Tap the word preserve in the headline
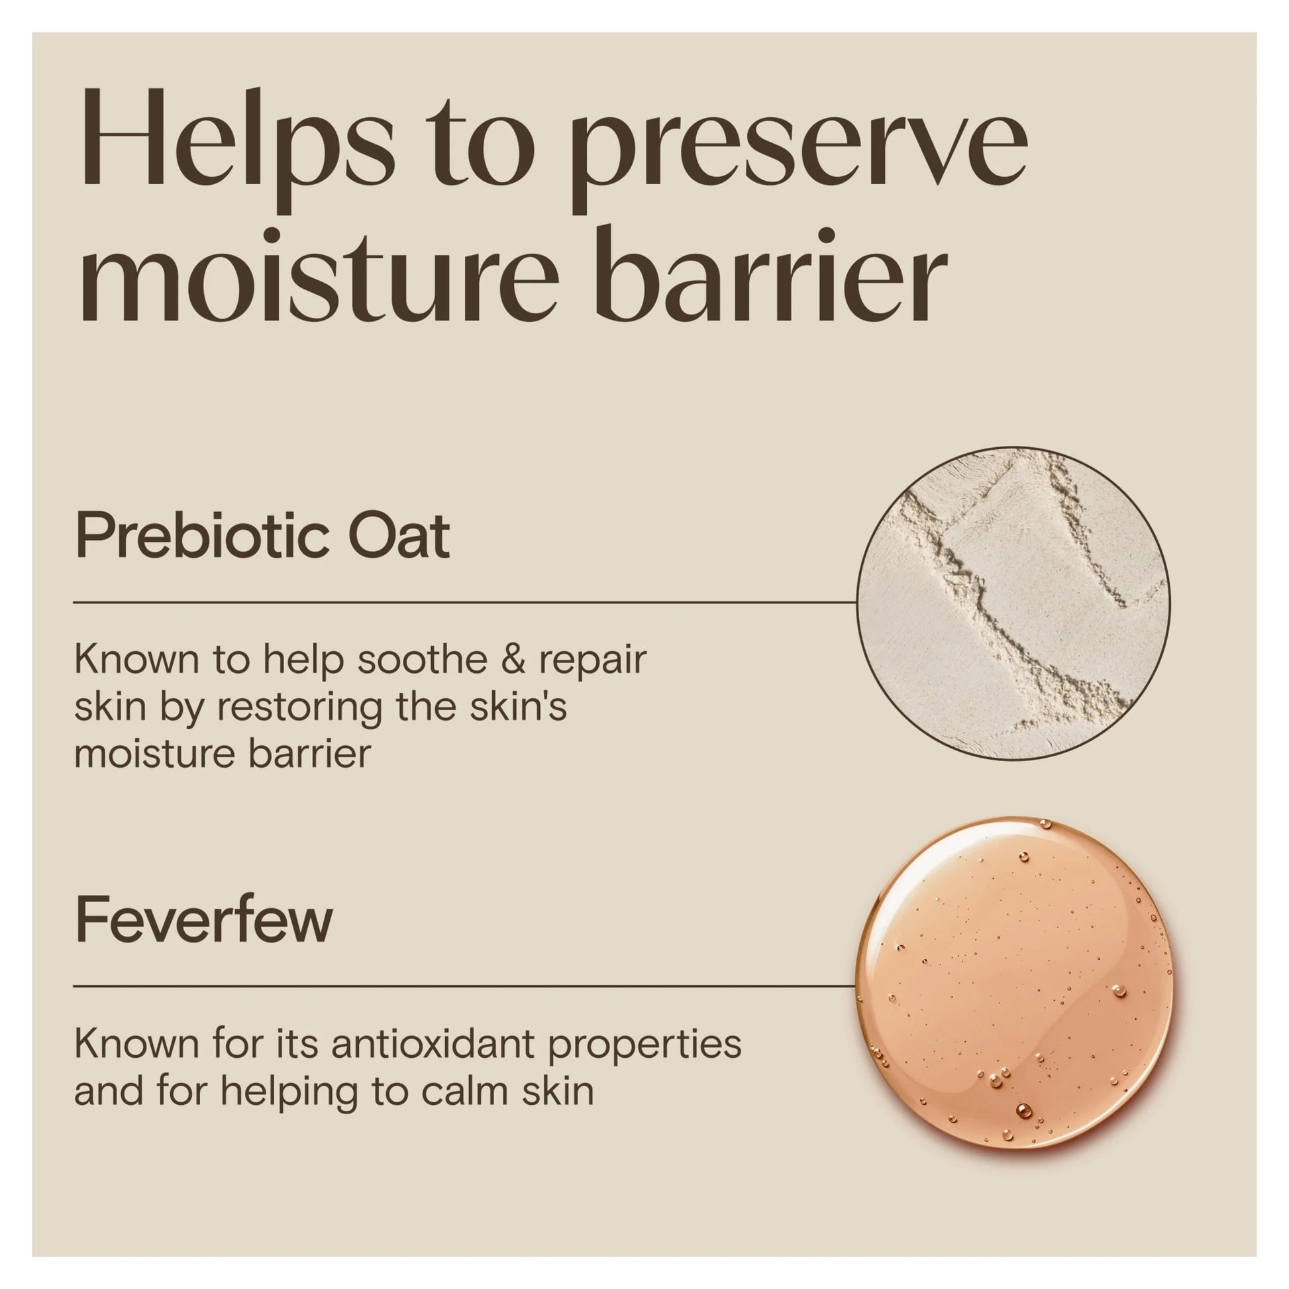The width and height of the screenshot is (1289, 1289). coord(799,157)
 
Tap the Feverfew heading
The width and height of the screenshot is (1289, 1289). coord(204,919)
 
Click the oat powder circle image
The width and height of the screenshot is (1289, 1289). coord(1013,604)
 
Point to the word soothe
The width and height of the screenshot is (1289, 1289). coord(422,659)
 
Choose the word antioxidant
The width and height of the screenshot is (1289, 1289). coord(433,1044)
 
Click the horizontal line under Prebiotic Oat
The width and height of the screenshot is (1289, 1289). coord(465,603)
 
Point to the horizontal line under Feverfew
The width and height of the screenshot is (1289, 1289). coord(464,986)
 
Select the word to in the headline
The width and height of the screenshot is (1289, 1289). coord(481,150)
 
